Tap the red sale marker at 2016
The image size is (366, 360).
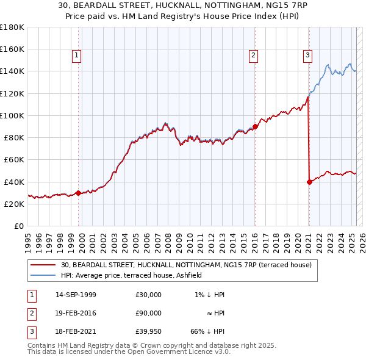click(x=254, y=126)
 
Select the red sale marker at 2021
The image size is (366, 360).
click(x=309, y=181)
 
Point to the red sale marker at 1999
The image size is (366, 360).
click(x=79, y=193)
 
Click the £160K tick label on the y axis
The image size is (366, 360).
click(x=12, y=49)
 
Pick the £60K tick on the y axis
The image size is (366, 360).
click(x=14, y=159)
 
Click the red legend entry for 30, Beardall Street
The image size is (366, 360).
click(x=186, y=265)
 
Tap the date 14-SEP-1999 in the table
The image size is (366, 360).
click(x=76, y=295)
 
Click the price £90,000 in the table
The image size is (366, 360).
click(x=149, y=312)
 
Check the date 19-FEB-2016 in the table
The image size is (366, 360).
click(x=76, y=312)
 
